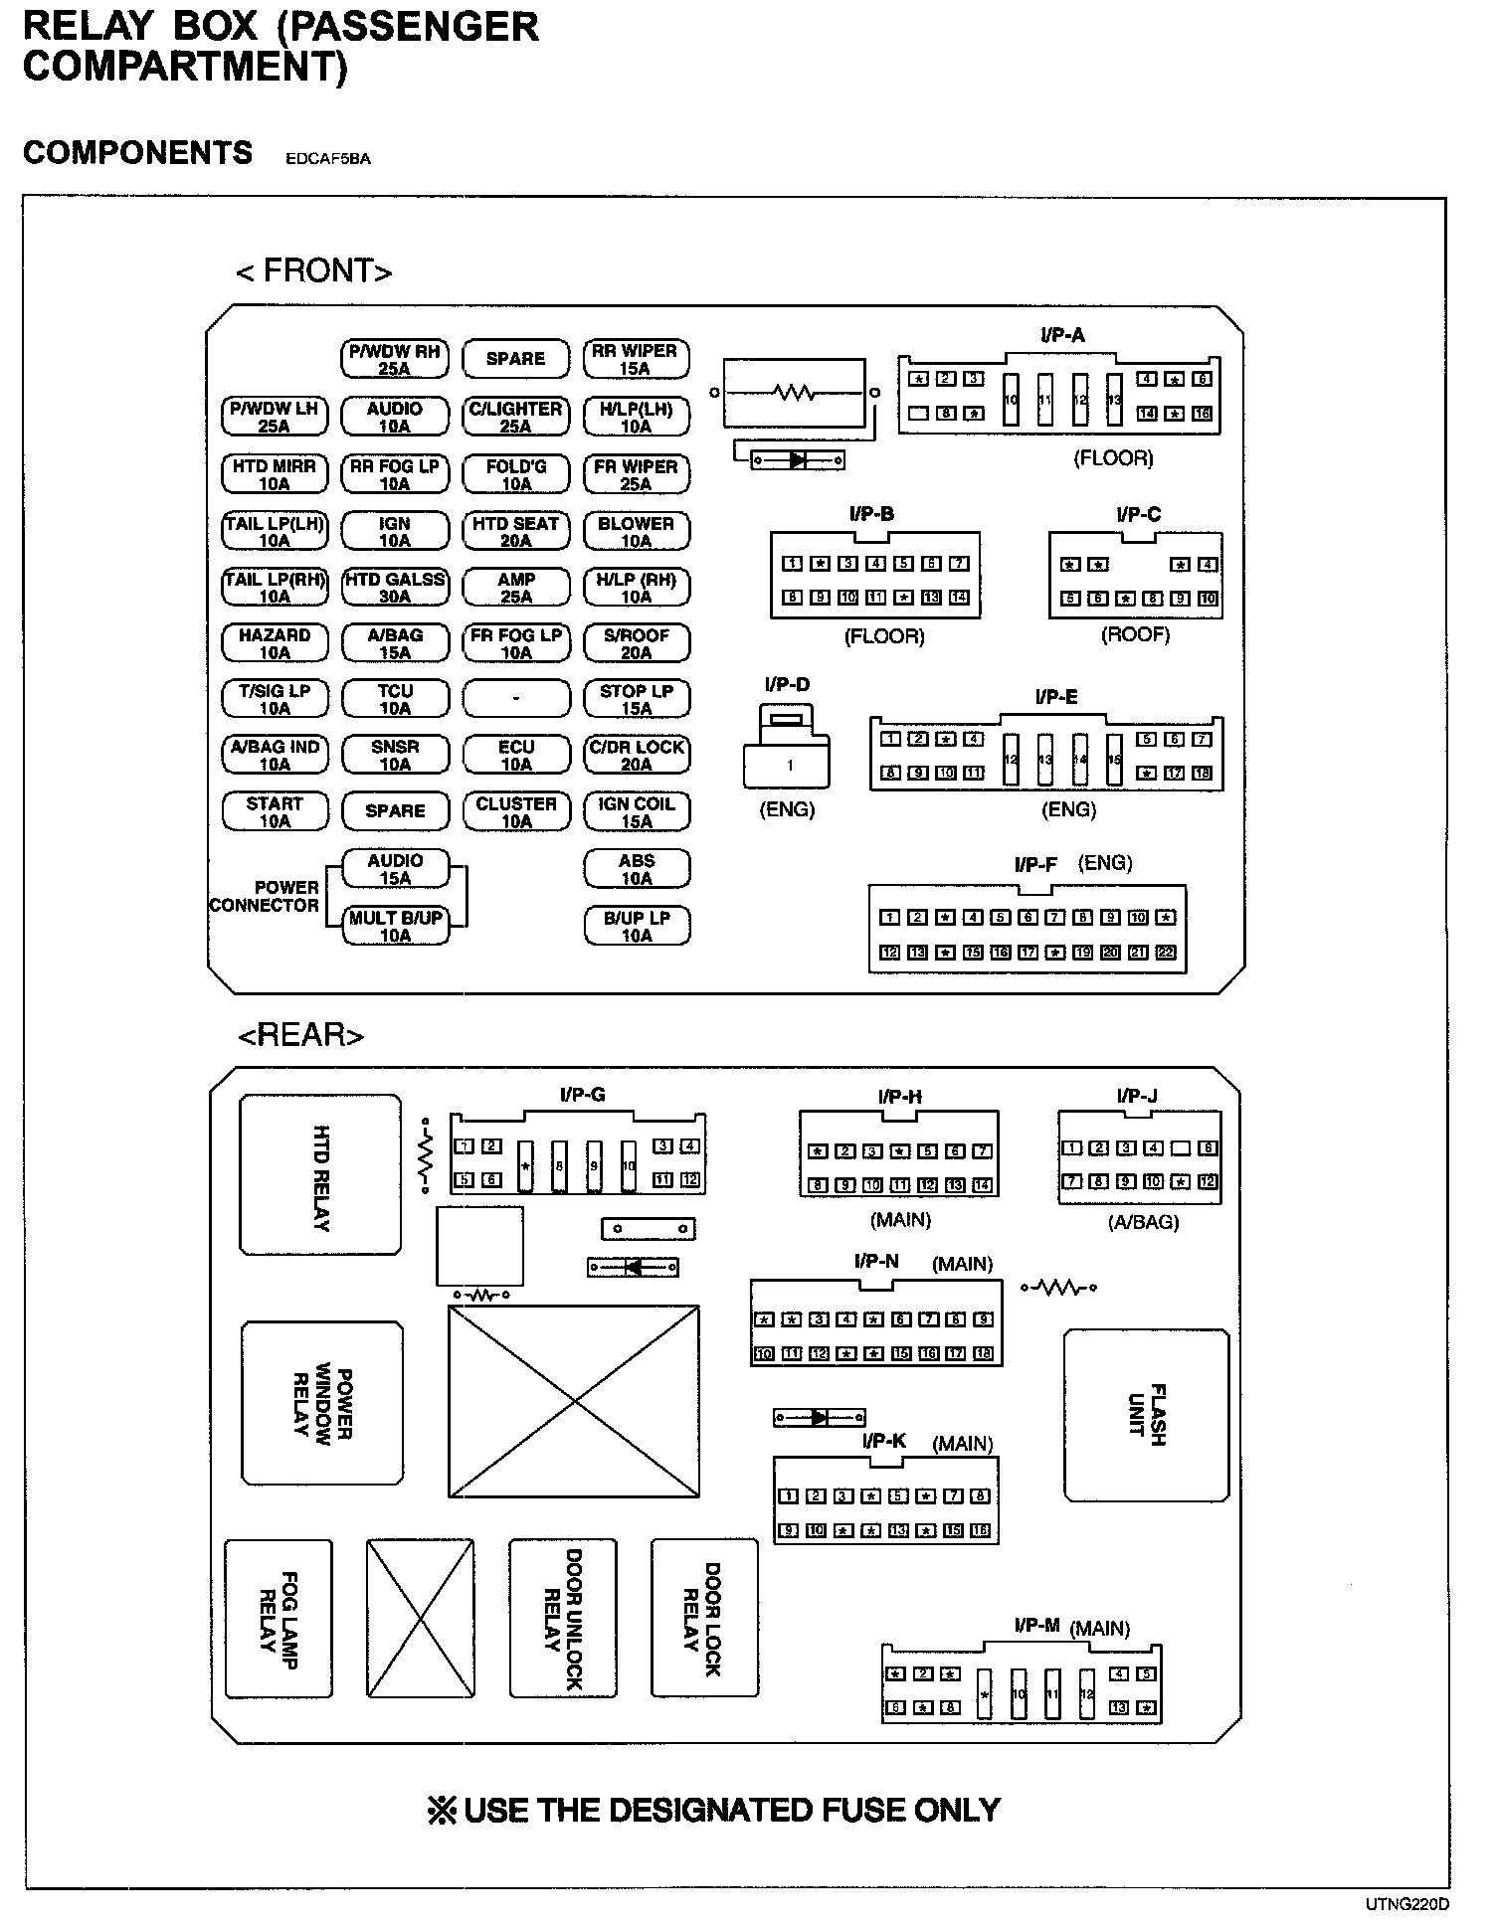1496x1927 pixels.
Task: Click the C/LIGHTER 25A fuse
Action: [x=515, y=418]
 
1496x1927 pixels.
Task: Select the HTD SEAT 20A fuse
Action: [x=515, y=532]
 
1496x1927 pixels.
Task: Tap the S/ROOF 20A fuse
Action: [x=636, y=644]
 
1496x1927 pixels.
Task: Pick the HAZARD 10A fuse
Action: [x=275, y=644]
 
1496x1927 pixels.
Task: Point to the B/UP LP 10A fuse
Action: [x=636, y=926]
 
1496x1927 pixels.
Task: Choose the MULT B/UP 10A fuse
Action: [x=395, y=926]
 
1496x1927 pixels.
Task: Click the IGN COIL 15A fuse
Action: [x=636, y=812]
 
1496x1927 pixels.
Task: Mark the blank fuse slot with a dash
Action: [x=515, y=699]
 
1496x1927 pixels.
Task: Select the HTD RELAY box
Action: [x=320, y=1175]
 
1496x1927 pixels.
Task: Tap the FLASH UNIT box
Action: [x=1147, y=1414]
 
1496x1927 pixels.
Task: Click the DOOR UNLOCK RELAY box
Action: [x=563, y=1618]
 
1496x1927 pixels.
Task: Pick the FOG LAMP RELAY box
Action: [x=279, y=1619]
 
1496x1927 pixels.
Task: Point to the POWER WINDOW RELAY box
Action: [x=322, y=1402]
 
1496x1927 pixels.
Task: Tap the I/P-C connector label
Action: [x=1138, y=514]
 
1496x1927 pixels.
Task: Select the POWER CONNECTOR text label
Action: [x=265, y=896]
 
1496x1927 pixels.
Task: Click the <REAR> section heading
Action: [x=300, y=1035]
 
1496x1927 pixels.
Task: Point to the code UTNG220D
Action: [x=1406, y=1904]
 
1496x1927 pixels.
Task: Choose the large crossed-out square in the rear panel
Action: [x=574, y=1401]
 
